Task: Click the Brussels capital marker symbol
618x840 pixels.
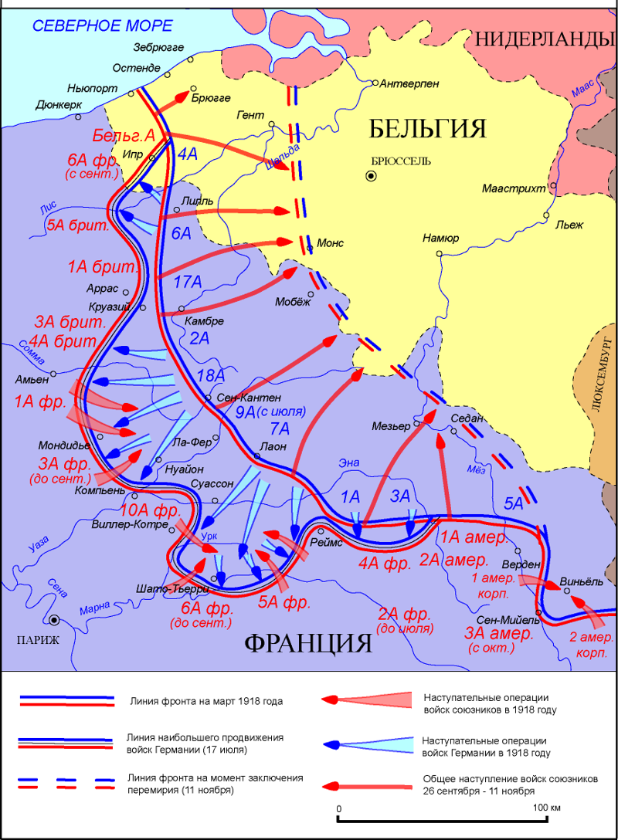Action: (x=372, y=176)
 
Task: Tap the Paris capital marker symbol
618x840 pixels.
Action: (x=54, y=620)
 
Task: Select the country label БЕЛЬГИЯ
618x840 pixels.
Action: (x=426, y=128)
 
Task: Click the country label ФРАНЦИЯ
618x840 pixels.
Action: (x=309, y=642)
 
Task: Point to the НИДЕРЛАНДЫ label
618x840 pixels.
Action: (x=545, y=39)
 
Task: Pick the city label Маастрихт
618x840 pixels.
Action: (x=514, y=188)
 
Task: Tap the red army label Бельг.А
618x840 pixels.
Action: (x=124, y=136)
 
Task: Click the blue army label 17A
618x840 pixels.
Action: (x=188, y=283)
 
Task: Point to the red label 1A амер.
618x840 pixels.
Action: (x=474, y=537)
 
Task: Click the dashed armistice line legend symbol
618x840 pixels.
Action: (x=69, y=784)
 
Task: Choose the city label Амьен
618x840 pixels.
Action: (x=31, y=380)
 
